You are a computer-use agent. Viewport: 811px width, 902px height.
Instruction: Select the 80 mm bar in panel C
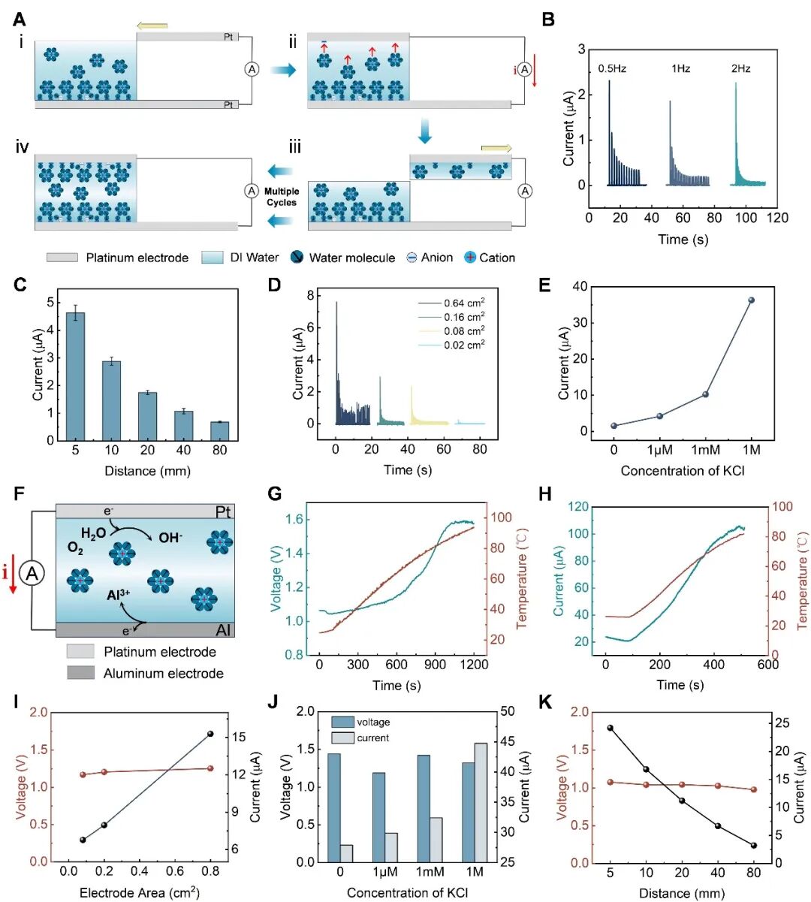click(x=219, y=431)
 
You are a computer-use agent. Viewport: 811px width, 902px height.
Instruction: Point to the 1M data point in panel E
click(x=751, y=300)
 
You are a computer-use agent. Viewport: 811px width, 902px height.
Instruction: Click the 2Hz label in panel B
click(x=740, y=69)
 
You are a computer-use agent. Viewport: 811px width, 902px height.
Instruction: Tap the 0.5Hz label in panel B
click(x=612, y=69)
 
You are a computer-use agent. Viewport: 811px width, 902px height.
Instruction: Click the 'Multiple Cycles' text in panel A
click(x=282, y=197)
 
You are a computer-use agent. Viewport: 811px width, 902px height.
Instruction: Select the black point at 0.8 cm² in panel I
click(x=210, y=734)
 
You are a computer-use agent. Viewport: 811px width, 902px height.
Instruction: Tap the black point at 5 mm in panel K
click(x=610, y=728)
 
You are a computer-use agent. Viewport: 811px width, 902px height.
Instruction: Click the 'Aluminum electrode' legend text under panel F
click(x=163, y=674)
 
